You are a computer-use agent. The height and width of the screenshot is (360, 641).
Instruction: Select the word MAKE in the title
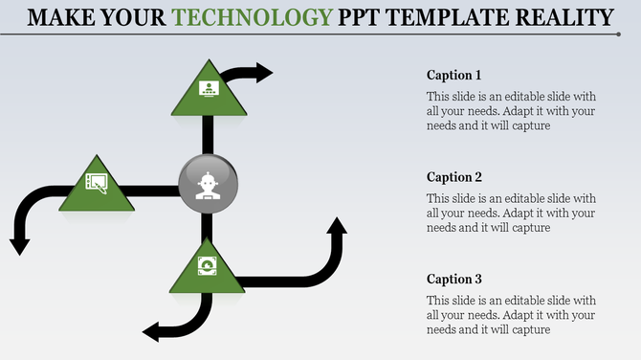pos(62,17)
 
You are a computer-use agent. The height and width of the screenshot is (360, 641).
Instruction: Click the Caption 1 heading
pos(453,75)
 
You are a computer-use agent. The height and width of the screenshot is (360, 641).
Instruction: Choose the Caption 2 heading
pos(453,177)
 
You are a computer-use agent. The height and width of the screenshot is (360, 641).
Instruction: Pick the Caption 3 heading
pos(453,280)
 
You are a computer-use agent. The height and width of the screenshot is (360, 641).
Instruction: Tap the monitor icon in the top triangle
pos(207,89)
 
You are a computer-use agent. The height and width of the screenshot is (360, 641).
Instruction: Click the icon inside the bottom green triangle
pos(206,265)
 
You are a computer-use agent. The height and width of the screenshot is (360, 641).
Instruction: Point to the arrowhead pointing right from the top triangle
pos(262,72)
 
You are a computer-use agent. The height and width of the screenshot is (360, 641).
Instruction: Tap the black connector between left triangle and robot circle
pos(153,191)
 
